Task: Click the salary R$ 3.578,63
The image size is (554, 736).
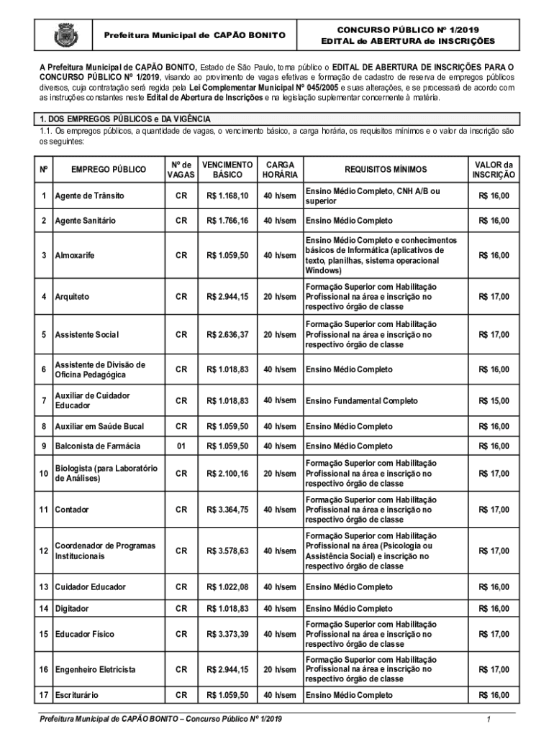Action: (227, 551)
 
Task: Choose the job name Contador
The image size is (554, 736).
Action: (72, 510)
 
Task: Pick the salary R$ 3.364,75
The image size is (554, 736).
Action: (227, 510)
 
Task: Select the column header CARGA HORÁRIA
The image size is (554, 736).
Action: (279, 170)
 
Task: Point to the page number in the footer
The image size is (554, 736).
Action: (488, 719)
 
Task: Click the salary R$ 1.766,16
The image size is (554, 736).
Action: (227, 221)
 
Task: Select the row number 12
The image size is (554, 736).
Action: (45, 551)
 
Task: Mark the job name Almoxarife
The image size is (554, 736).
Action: (75, 256)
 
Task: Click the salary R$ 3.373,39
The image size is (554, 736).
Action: (227, 635)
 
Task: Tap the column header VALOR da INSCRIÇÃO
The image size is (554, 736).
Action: (494, 170)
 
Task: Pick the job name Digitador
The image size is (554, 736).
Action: (72, 609)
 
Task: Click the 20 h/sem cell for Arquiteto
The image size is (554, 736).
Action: (279, 297)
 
